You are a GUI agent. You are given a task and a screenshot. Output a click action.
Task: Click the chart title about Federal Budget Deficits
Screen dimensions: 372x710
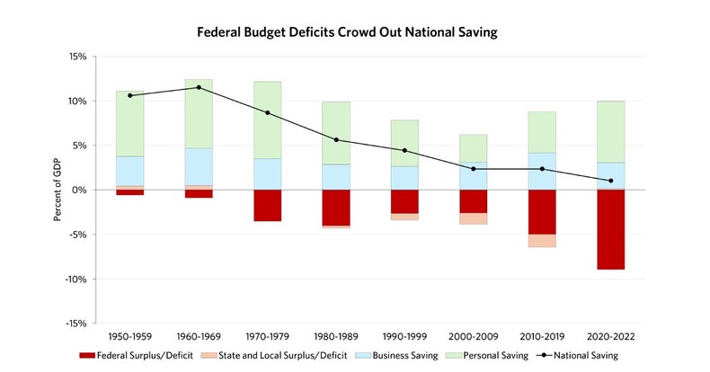point(354,31)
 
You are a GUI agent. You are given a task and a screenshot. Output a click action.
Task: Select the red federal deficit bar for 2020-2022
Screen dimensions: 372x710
point(610,229)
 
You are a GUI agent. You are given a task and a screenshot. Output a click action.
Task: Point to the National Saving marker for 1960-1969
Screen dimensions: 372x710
point(199,87)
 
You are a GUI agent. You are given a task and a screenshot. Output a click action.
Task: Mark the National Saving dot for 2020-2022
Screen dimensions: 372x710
point(610,181)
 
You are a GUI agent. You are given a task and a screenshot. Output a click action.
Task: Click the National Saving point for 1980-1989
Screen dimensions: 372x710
point(336,140)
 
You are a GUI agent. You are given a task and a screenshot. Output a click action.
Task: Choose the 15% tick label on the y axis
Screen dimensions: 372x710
point(75,57)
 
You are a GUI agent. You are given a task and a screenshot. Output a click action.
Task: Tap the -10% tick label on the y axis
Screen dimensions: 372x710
point(74,279)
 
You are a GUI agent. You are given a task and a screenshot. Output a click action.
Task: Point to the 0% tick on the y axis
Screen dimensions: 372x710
point(78,190)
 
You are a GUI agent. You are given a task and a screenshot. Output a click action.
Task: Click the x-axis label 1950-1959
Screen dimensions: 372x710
point(130,338)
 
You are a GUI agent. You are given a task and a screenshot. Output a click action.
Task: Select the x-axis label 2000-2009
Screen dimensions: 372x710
point(473,338)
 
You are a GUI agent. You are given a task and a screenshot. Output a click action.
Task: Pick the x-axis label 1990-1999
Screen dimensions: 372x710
point(404,338)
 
